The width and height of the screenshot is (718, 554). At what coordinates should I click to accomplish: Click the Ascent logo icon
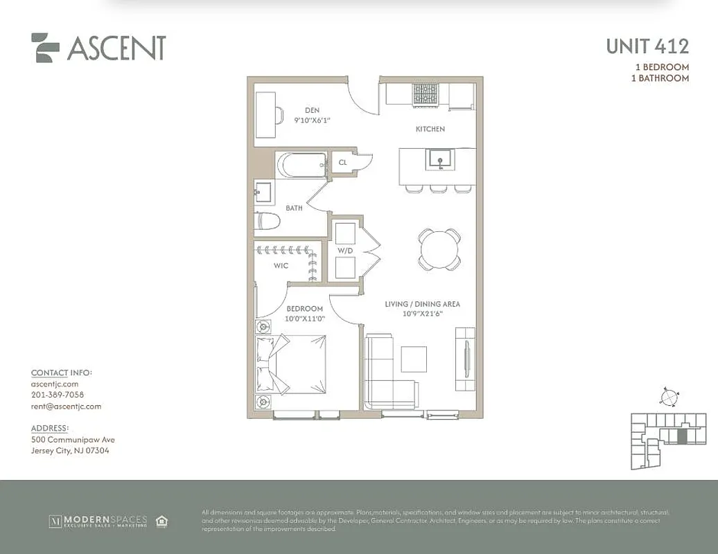pos(45,48)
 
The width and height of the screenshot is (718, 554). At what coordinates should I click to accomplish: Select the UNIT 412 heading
pos(647,46)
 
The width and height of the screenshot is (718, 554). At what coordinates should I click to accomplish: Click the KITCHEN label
pos(430,129)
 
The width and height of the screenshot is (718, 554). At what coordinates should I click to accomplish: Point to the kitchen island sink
pos(439,160)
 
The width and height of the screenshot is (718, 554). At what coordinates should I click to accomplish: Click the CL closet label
pos(342,163)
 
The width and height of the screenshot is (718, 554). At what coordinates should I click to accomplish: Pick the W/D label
pos(345,250)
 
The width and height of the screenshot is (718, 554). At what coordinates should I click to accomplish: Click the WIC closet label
pos(281,265)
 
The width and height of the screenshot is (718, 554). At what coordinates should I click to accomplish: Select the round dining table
pos(439,249)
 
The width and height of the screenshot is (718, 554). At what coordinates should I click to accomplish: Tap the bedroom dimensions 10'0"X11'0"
pos(304,319)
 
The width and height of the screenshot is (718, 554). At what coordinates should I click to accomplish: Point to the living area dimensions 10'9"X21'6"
pos(422,314)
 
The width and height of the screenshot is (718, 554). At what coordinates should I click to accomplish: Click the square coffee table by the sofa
pos(414,359)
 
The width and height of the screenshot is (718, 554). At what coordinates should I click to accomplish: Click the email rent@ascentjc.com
pos(66,406)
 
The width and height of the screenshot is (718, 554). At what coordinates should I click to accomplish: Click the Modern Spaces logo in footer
pos(98,521)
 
